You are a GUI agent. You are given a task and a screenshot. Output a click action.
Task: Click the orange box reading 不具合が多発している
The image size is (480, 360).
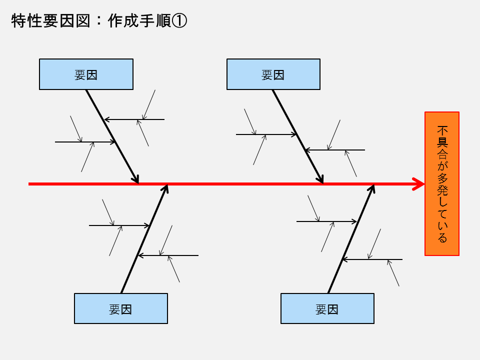click(x=442, y=183)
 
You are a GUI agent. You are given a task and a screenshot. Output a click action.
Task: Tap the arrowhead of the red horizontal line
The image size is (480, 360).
click(x=419, y=184)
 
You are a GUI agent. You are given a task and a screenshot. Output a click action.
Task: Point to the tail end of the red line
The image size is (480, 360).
click(x=30, y=184)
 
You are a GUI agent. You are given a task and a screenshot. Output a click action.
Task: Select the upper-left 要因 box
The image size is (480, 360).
click(x=86, y=74)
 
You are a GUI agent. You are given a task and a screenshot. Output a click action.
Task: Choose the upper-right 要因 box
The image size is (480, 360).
click(x=273, y=74)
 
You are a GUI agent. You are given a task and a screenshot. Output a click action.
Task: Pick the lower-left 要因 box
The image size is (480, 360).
click(x=120, y=309)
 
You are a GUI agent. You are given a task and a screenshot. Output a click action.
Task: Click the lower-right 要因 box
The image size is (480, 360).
click(x=327, y=309)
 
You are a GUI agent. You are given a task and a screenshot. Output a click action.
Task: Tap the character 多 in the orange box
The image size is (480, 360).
click(x=442, y=178)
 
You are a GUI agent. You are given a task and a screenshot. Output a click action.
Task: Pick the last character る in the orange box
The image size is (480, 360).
click(x=442, y=238)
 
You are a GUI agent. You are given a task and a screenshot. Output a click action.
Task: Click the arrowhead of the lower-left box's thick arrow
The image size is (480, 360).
click(x=166, y=188)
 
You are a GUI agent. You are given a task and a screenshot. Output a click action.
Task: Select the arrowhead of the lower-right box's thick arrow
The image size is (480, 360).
click(x=372, y=188)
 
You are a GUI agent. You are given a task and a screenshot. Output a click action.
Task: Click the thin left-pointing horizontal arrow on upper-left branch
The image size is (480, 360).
click(x=134, y=119)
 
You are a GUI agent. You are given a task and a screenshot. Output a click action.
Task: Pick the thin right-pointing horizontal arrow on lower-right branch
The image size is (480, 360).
click(x=326, y=221)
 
